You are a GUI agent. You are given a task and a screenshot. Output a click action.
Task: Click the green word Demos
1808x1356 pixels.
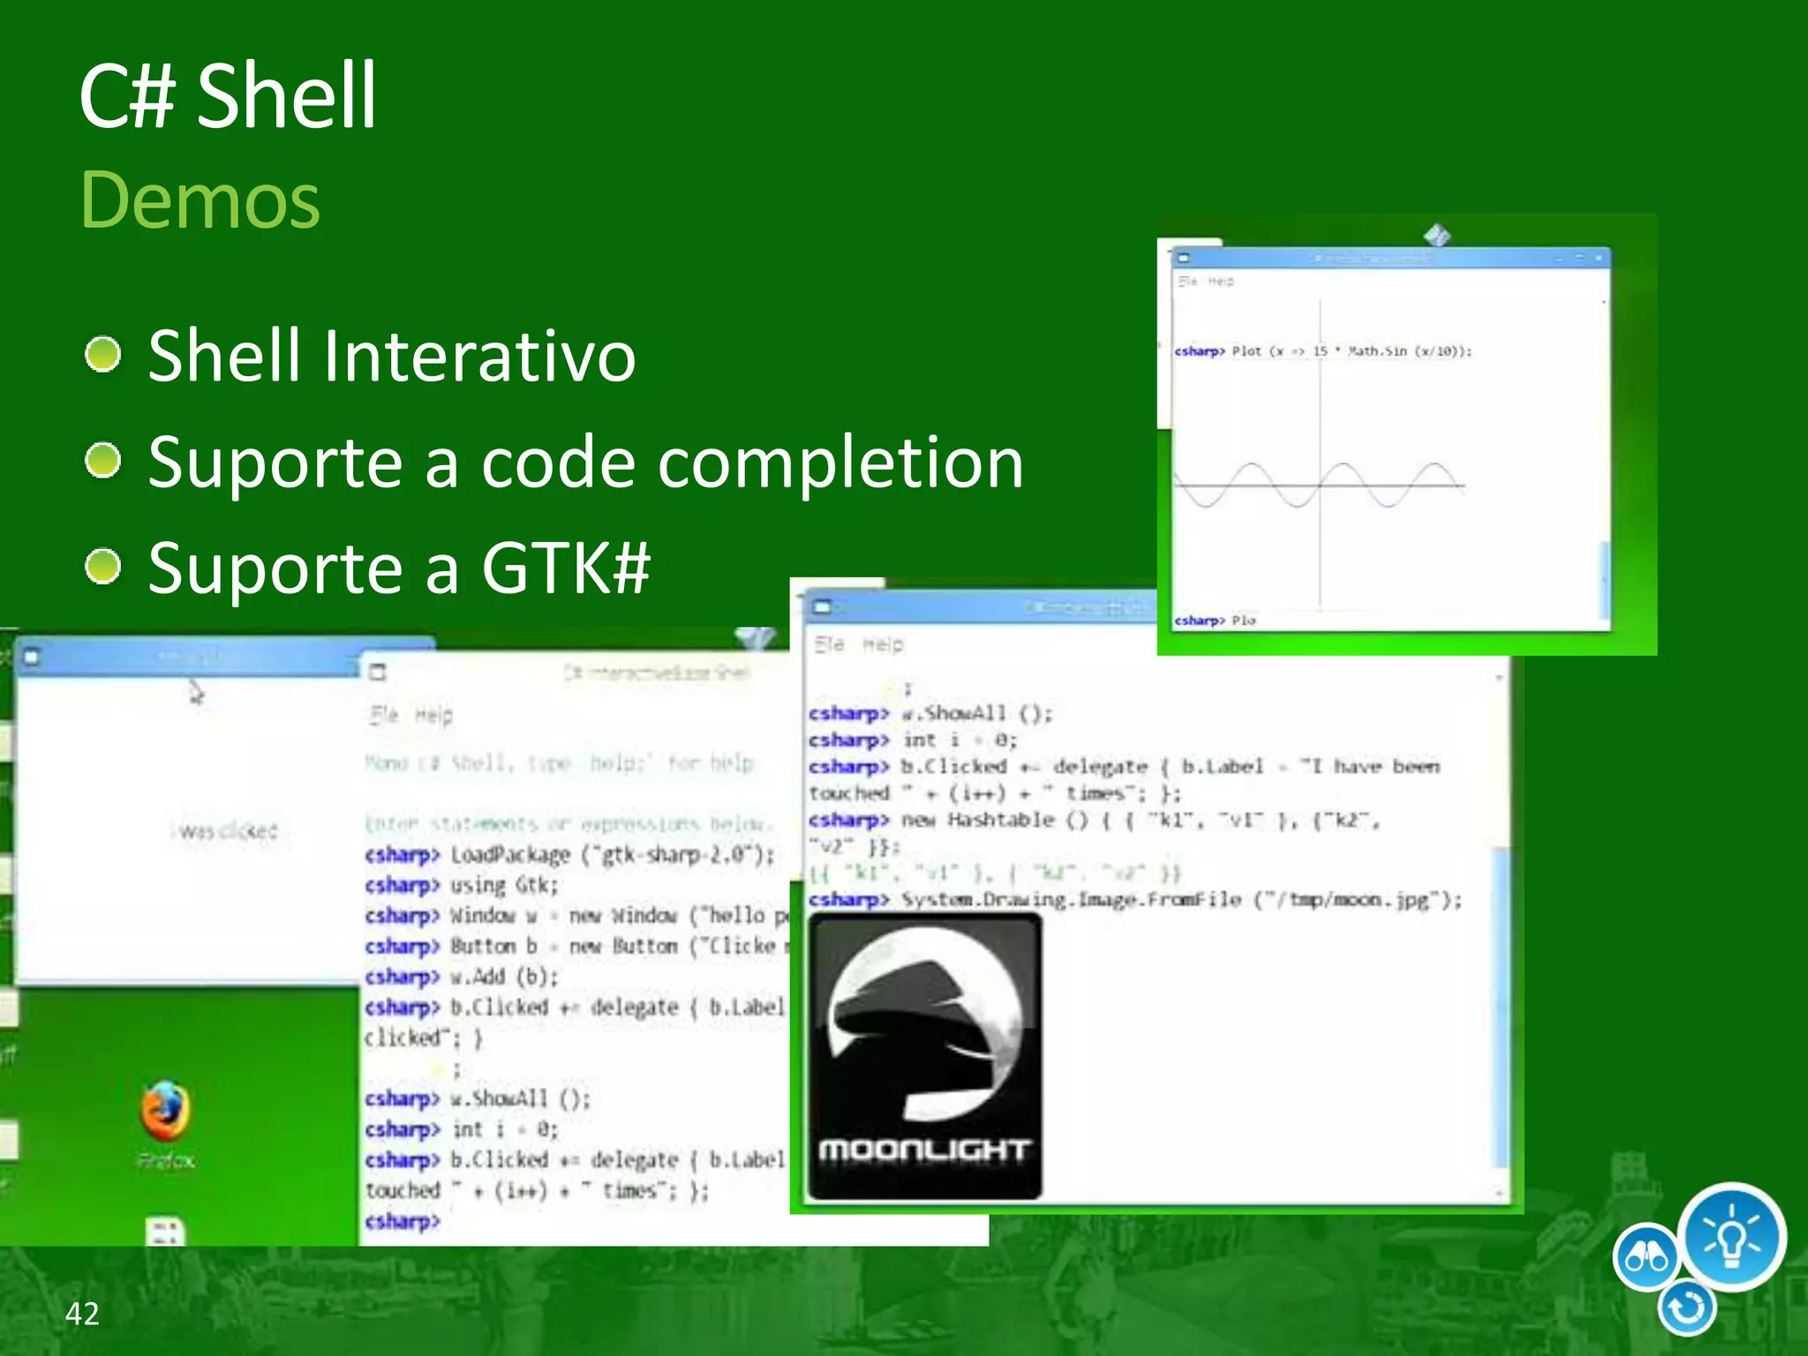pyautogui.click(x=200, y=200)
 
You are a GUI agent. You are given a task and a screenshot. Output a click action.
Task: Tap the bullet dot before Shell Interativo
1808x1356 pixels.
pyautogui.click(x=103, y=355)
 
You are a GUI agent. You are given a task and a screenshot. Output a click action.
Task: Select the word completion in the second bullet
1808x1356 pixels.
pyautogui.click(x=840, y=463)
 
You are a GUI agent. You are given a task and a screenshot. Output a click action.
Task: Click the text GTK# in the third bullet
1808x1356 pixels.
pyautogui.click(x=566, y=568)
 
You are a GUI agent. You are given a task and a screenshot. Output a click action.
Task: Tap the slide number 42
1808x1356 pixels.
pyautogui.click(x=82, y=1314)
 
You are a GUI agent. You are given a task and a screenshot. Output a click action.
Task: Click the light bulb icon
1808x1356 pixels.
pyautogui.click(x=1731, y=1238)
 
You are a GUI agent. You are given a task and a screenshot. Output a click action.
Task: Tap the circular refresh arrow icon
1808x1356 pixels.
pyautogui.click(x=1686, y=1307)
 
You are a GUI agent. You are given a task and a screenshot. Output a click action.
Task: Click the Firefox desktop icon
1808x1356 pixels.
pyautogui.click(x=165, y=1112)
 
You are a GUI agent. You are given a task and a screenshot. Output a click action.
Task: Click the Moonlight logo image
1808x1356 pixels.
pyautogui.click(x=924, y=1024)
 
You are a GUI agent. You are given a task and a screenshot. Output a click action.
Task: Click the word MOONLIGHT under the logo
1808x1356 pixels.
pyautogui.click(x=923, y=1150)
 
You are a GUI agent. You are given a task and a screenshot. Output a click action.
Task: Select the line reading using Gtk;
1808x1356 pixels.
pyautogui.click(x=503, y=885)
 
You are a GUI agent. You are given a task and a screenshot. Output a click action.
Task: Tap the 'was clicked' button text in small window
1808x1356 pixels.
pyautogui.click(x=227, y=831)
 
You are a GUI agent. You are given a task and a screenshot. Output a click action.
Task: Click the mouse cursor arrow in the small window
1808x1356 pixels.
pyautogui.click(x=195, y=691)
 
